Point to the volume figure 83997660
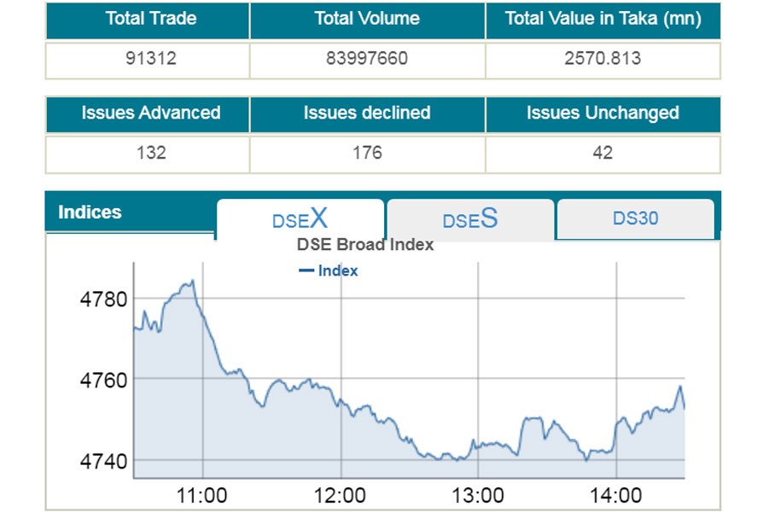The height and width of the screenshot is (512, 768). point(367,59)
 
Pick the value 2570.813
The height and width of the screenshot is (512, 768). point(602,59)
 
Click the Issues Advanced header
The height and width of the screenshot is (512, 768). point(151,113)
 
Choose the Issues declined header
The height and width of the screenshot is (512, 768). point(367,113)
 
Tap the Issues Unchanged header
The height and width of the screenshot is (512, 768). point(602,113)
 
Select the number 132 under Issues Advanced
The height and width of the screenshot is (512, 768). point(151,154)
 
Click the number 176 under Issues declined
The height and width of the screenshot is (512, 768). point(367,154)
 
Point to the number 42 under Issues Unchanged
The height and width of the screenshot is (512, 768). point(602,154)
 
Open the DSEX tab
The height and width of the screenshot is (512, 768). point(300,218)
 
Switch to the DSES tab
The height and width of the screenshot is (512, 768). point(470,219)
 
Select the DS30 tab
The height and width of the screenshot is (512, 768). point(636,218)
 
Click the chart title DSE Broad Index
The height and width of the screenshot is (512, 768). point(365,245)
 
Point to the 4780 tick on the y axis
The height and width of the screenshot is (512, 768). point(102,299)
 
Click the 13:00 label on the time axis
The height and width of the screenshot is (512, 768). point(478,496)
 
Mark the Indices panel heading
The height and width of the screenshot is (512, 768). point(90,212)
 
